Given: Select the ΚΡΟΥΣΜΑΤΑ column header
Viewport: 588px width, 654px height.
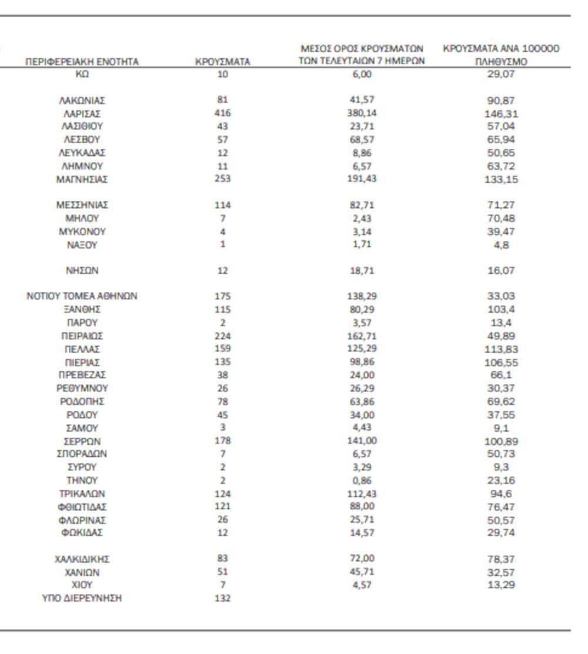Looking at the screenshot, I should [222, 61].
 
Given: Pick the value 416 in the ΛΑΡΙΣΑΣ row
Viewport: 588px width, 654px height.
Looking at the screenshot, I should [222, 113].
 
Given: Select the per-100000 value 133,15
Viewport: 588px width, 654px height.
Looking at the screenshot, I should [501, 179].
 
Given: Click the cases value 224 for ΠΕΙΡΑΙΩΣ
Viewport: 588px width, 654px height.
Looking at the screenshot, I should [222, 336].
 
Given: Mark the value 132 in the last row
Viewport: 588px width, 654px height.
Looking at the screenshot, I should [222, 598].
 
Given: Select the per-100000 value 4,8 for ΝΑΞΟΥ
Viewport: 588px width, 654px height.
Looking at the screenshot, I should [501, 245].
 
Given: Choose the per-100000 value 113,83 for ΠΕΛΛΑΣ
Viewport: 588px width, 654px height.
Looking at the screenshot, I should [501, 349].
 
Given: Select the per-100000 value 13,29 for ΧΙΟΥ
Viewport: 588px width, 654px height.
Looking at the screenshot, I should [501, 585].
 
